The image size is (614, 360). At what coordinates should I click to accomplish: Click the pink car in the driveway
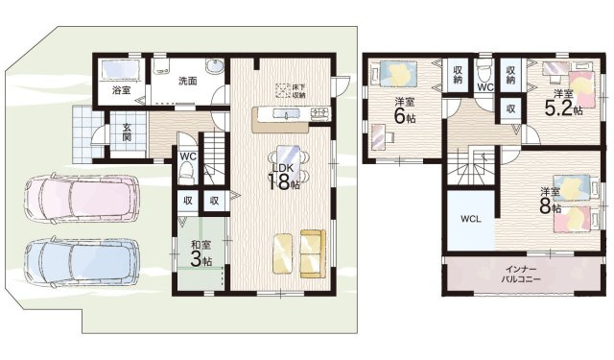[82, 198]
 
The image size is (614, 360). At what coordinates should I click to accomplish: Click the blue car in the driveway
[82, 261]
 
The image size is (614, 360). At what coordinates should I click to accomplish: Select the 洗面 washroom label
[188, 81]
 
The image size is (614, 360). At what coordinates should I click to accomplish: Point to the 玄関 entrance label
[127, 132]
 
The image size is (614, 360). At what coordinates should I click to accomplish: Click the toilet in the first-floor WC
[187, 173]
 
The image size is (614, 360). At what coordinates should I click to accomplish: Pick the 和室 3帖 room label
[201, 253]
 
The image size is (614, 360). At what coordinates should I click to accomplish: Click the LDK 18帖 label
[284, 177]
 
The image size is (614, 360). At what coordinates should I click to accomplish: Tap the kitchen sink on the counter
[286, 114]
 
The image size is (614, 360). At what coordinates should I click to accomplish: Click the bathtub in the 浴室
[121, 71]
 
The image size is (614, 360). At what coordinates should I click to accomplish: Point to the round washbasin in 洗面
[214, 66]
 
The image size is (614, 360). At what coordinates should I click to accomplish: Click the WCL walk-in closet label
[471, 219]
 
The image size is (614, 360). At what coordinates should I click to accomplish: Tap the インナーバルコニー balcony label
[521, 275]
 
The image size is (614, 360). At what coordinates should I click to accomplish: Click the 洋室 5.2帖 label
[563, 103]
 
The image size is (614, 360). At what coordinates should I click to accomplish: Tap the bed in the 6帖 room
[393, 74]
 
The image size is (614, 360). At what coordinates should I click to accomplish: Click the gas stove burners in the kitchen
[320, 113]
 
